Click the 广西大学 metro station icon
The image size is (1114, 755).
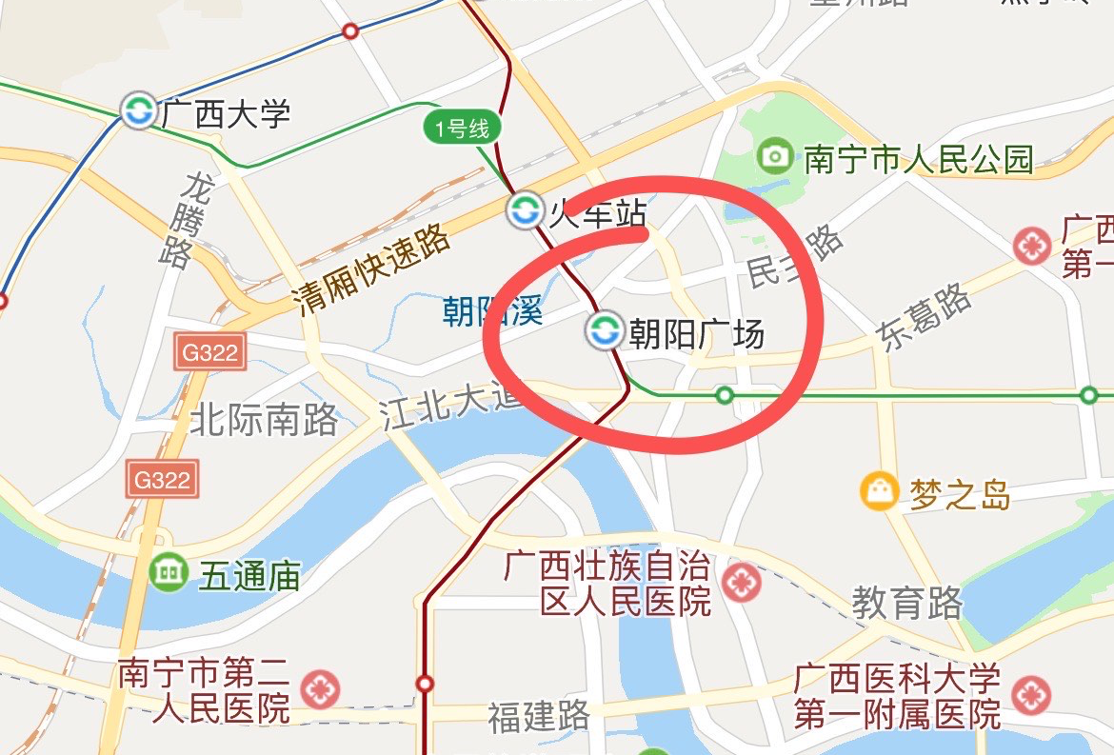tap(138, 111)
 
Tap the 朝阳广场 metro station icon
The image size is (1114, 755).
tap(603, 331)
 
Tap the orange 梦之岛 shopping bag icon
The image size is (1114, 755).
tap(879, 491)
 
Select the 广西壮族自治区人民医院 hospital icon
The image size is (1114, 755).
tap(741, 582)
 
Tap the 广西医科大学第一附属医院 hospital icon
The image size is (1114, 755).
tap(1031, 695)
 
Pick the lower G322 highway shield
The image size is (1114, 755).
tap(162, 478)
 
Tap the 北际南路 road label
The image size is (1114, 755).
tap(265, 419)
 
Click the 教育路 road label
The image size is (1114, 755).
tap(906, 603)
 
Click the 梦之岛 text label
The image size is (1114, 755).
tap(959, 494)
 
